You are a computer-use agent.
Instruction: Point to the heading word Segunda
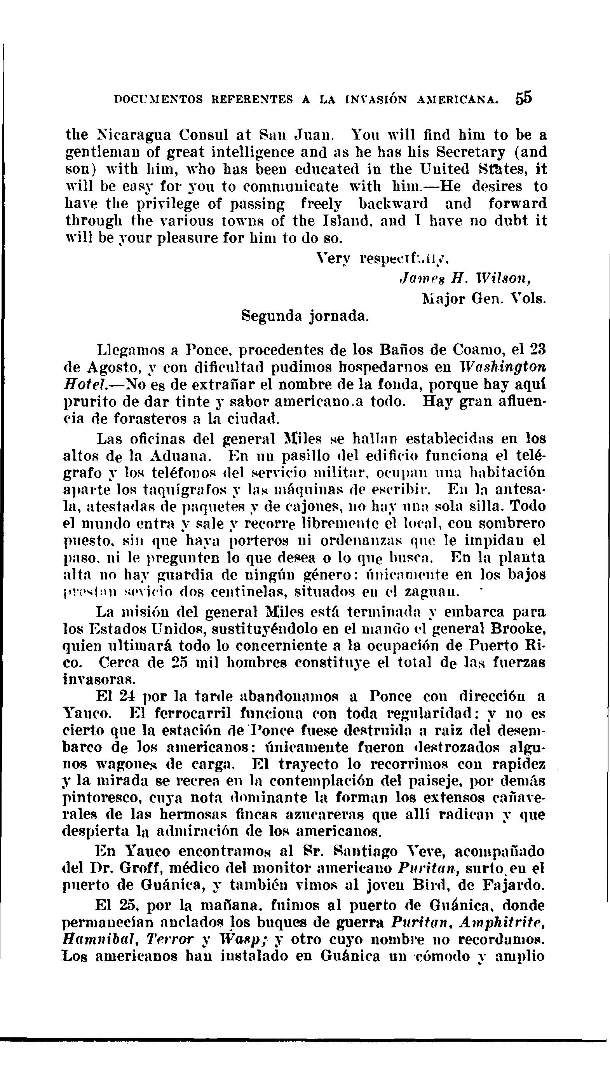pyautogui.click(x=272, y=316)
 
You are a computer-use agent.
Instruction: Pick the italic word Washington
pyautogui.click(x=506, y=367)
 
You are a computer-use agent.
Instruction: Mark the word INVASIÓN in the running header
pyautogui.click(x=377, y=99)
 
